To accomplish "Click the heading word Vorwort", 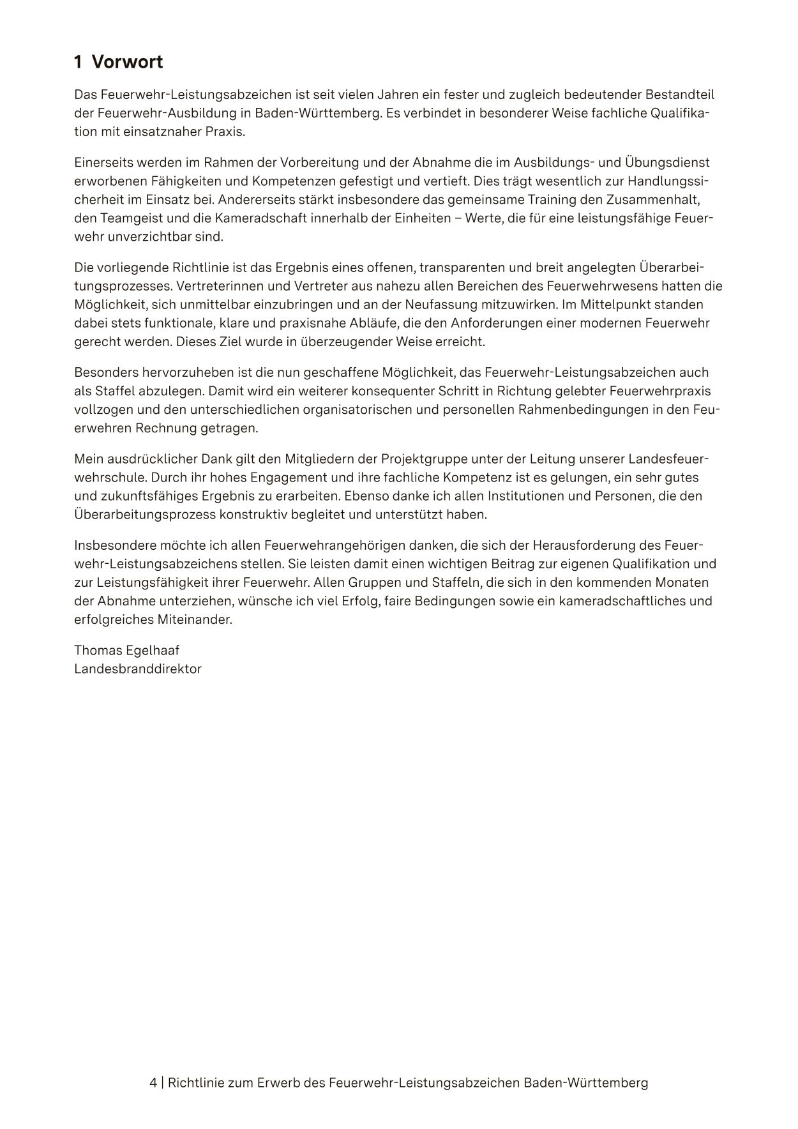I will point(127,62).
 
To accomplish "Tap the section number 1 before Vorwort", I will point(78,62).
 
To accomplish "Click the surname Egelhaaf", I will point(156,650).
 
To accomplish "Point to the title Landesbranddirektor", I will point(138,669).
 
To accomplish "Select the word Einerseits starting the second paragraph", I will point(102,162).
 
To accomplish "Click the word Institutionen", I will point(527,496).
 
